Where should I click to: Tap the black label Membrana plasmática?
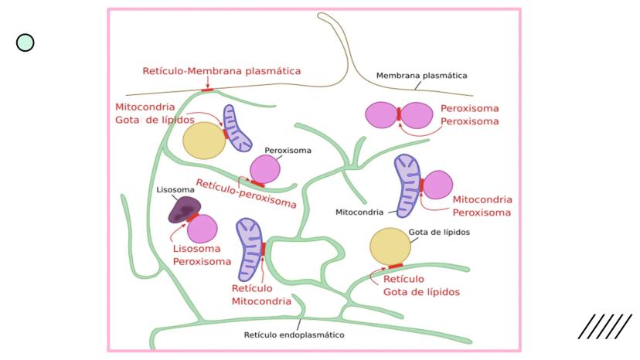(421, 76)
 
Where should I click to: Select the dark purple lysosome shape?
(186, 209)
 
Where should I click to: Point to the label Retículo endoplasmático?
(294, 335)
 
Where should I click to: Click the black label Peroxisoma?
(288, 151)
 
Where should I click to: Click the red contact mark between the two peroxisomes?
(399, 115)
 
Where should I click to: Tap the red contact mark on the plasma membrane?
(207, 90)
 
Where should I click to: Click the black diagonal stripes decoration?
(604, 327)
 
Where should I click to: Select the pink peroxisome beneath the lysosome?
(203, 229)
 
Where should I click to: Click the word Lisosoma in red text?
(196, 249)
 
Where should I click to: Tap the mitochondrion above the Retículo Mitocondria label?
(250, 247)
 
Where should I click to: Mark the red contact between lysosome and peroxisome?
(192, 217)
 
